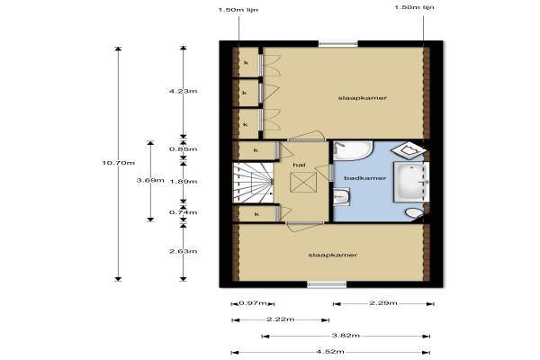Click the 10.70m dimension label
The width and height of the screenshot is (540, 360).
coord(119,163)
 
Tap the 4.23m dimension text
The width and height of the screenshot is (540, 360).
coord(184,91)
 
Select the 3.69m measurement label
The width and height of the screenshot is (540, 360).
coord(150,180)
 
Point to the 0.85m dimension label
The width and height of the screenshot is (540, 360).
coord(184,149)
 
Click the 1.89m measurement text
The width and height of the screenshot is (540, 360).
coord(184,182)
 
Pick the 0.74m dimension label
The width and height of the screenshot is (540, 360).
coord(184,212)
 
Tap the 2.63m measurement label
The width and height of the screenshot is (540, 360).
coord(184,251)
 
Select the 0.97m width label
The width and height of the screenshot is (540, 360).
coord(253,303)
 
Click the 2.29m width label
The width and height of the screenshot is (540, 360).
coord(383,303)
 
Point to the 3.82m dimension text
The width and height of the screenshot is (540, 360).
coord(346,336)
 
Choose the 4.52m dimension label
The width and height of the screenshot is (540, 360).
coord(330,352)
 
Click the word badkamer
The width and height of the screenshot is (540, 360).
coord(365,178)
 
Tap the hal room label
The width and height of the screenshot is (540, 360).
coord(299,165)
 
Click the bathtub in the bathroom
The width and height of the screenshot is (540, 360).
coord(411,182)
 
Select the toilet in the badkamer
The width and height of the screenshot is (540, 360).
coord(414,213)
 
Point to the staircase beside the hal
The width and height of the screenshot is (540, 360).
coord(253,183)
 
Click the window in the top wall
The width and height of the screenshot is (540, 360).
coord(337,43)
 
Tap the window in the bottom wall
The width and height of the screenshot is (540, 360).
coord(327,284)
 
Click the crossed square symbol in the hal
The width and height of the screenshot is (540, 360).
coord(303,182)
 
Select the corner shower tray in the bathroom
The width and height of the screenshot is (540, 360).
coord(409,150)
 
